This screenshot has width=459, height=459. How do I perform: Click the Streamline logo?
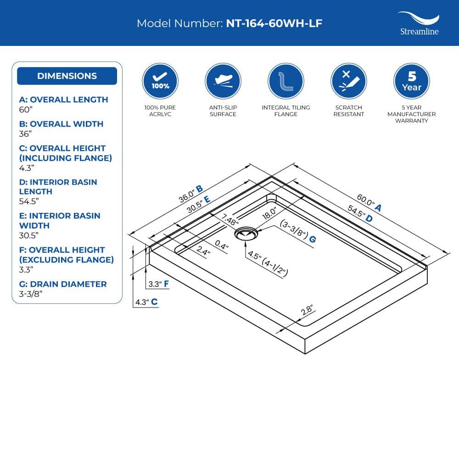click(x=419, y=23)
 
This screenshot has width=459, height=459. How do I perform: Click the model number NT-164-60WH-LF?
click(x=274, y=23)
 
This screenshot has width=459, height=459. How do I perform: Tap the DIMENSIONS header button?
click(x=67, y=76)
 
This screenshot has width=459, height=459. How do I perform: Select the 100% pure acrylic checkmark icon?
click(x=160, y=81)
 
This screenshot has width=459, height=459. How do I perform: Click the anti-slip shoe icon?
click(x=223, y=81)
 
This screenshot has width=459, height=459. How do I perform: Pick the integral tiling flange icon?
click(x=285, y=81)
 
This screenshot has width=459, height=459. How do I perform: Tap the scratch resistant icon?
click(x=349, y=81)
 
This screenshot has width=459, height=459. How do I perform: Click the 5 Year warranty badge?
click(x=412, y=81)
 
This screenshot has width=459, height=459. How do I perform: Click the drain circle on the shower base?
click(x=246, y=234)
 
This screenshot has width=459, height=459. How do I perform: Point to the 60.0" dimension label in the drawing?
click(x=365, y=200)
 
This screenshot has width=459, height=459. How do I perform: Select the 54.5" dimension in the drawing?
click(x=356, y=211)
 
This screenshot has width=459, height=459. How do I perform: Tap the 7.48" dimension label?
click(x=229, y=220)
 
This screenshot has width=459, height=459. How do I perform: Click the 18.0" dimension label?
click(x=269, y=213)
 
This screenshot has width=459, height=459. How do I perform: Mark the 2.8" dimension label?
click(x=307, y=310)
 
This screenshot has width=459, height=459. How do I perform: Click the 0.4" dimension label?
click(x=222, y=245)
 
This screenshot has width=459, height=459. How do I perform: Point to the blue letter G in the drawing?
click(x=312, y=240)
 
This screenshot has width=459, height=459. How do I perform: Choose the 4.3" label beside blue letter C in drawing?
click(x=142, y=302)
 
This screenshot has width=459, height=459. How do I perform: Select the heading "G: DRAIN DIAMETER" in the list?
click(x=63, y=284)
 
